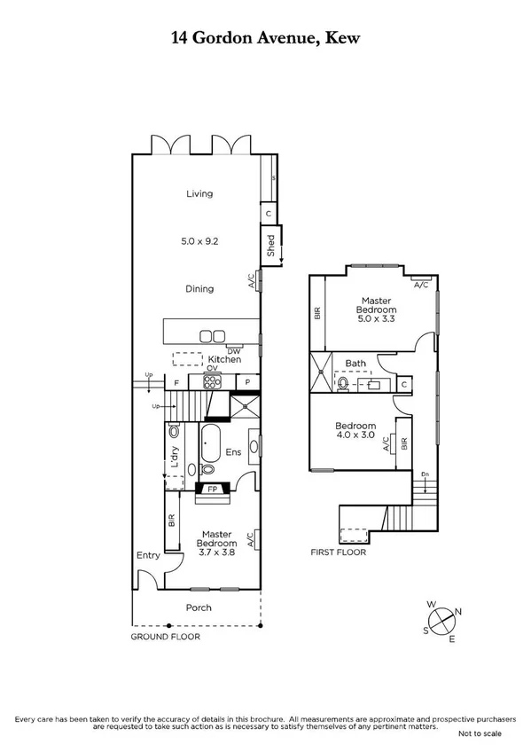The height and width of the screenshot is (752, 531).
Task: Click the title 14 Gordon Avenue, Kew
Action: click(265, 38)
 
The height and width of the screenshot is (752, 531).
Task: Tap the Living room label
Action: click(199, 193)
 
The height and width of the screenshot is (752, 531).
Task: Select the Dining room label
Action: click(199, 288)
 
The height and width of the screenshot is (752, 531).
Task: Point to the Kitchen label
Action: click(224, 359)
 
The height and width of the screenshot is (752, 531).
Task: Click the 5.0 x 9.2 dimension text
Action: click(199, 239)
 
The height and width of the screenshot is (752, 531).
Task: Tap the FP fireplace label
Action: click(212, 488)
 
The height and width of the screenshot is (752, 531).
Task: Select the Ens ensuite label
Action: click(234, 452)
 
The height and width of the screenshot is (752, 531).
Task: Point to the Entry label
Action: click(147, 555)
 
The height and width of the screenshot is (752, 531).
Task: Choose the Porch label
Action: click(199, 607)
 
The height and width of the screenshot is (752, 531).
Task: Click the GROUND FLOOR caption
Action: click(165, 637)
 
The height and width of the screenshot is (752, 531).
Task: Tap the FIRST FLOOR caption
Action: click(338, 552)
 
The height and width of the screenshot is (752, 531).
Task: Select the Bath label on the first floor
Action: click(355, 364)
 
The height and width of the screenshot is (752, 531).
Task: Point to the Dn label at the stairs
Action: click(426, 473)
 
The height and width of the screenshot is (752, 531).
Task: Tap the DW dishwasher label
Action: click(234, 350)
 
